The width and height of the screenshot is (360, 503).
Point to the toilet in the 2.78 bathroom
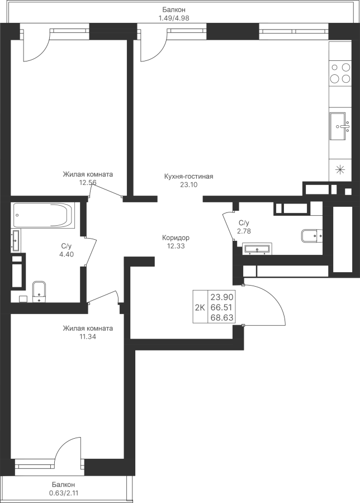point(311,236)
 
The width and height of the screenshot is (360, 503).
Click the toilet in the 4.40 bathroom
point(39,290)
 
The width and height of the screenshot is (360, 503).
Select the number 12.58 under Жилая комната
point(88,182)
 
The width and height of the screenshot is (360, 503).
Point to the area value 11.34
point(88,336)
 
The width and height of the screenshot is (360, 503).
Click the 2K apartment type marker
point(200,306)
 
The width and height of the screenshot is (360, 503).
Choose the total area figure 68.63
point(221,317)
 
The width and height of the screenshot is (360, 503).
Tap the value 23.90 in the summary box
point(221,296)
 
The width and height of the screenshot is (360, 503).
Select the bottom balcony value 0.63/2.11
point(64,493)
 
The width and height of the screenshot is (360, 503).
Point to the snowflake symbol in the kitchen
point(339,169)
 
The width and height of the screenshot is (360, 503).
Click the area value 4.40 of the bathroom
point(67,254)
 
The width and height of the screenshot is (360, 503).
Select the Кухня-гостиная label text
point(188,176)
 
